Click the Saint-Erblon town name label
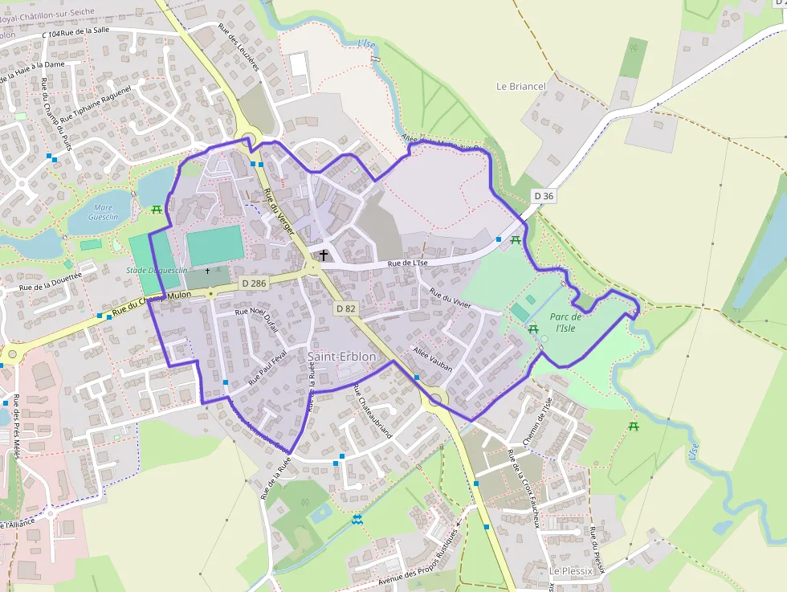click(341, 356)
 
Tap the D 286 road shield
click(253, 284)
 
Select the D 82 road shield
click(346, 308)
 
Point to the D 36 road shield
click(544, 196)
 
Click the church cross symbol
click(324, 255)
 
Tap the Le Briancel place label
click(521, 87)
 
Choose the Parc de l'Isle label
click(566, 322)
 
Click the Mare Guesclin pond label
click(103, 212)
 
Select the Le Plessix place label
click(571, 570)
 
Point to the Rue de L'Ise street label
click(407, 262)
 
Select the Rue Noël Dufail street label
click(255, 318)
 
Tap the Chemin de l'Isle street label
click(537, 421)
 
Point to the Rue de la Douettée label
click(51, 280)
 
